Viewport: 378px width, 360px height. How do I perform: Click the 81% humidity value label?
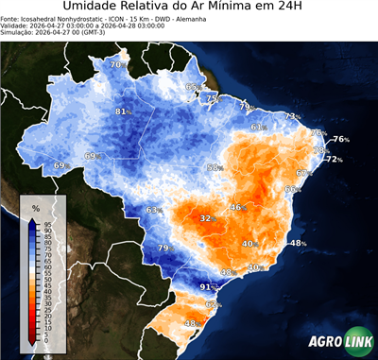[121, 111]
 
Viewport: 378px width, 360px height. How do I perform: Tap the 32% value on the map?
[206, 218]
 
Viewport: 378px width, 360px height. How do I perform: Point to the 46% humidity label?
[236, 207]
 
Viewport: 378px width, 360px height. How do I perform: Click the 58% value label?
[215, 167]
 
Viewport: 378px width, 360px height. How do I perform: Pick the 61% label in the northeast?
[258, 127]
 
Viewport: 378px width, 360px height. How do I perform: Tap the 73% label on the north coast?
[292, 116]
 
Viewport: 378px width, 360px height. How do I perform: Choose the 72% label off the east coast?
[334, 159]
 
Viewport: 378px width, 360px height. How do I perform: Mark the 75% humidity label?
[213, 98]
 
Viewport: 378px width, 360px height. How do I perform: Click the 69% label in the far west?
[60, 165]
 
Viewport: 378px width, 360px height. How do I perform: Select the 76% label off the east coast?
[340, 139]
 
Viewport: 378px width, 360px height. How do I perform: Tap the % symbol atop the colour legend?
[35, 207]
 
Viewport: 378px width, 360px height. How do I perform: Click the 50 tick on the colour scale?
[46, 281]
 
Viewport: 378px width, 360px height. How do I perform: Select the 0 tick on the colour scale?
[46, 344]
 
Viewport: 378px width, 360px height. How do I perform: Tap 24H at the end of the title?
[300, 9]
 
